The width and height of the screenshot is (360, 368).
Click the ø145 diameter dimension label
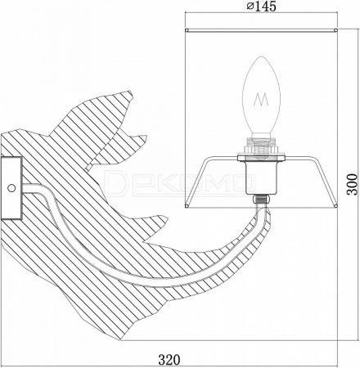point(261,7)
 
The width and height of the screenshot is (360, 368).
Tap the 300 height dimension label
point(352,184)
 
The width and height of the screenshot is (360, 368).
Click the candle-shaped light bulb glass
point(261,95)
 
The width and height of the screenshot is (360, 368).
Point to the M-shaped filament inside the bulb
point(261,99)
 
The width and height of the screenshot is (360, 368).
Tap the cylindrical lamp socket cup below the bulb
point(261,177)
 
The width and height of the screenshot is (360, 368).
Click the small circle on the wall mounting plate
point(11,188)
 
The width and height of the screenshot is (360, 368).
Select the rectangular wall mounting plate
point(11,188)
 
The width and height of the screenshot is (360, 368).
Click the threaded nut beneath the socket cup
point(261,199)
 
